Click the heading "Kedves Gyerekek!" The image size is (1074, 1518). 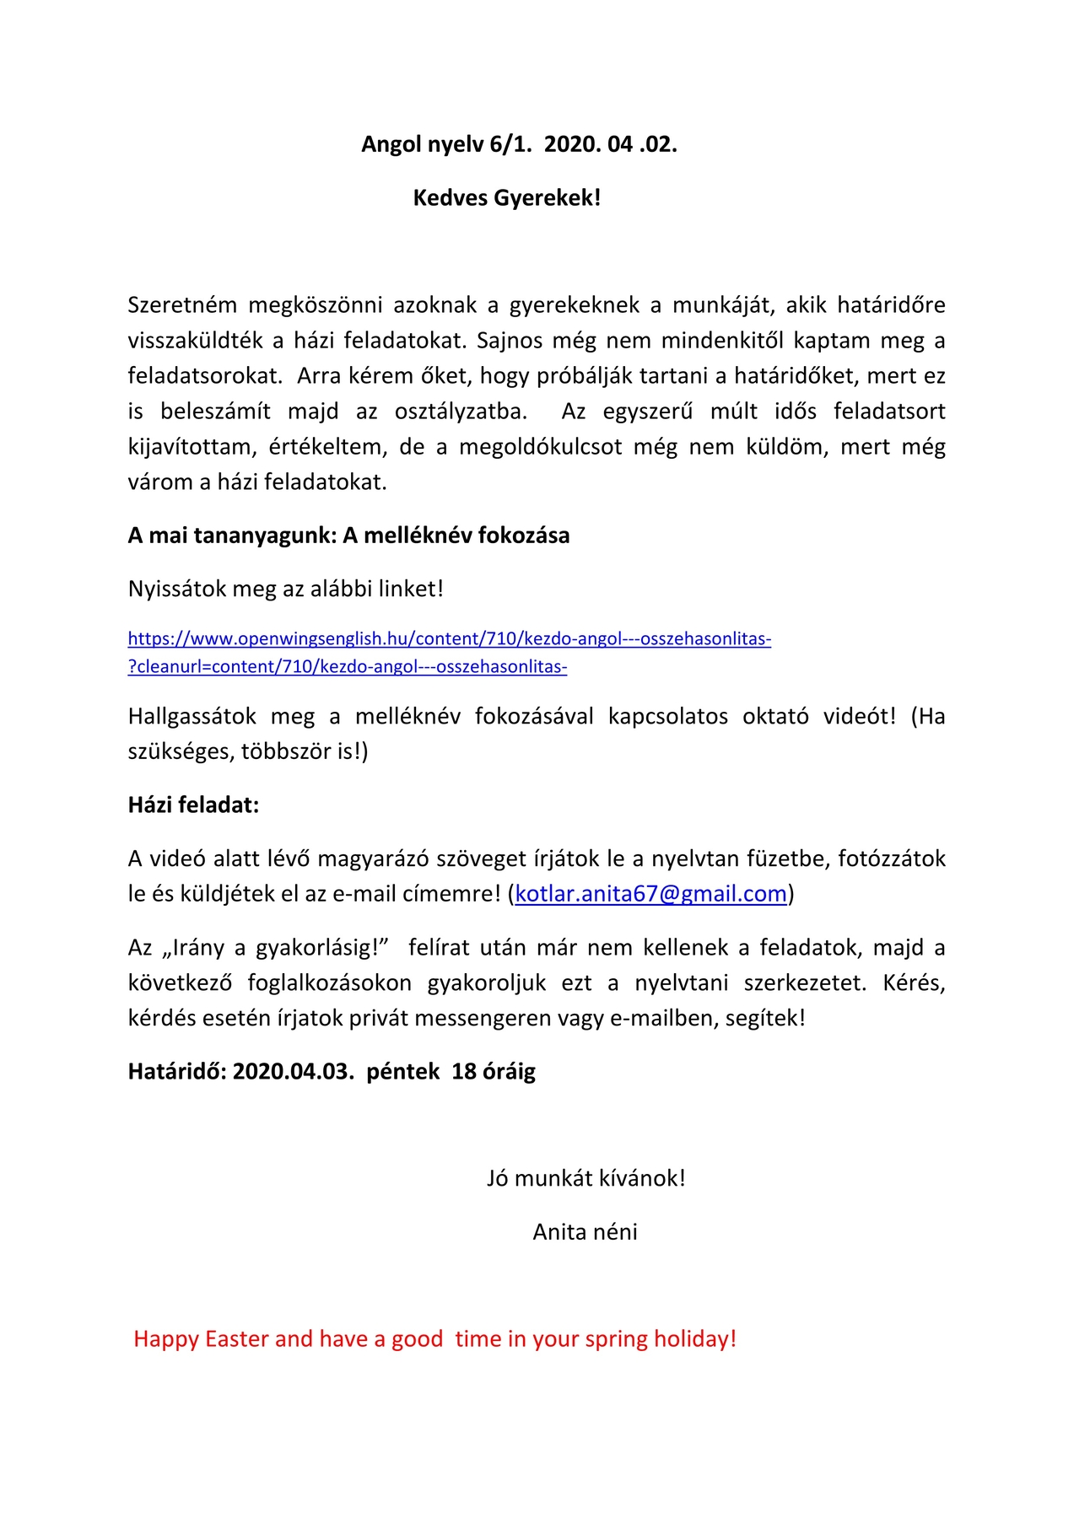click(x=506, y=198)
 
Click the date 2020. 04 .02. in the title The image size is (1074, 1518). click(x=610, y=144)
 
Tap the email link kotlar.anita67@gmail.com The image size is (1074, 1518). click(x=650, y=894)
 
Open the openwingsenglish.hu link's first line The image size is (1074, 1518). click(x=449, y=638)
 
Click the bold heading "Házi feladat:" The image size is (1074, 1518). click(x=193, y=805)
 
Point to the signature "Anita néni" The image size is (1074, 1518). click(x=585, y=1232)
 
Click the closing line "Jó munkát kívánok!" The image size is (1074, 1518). click(x=586, y=1178)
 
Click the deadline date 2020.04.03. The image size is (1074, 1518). click(x=293, y=1072)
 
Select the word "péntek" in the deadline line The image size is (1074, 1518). click(x=402, y=1072)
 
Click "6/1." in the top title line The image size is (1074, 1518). click(x=510, y=144)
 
